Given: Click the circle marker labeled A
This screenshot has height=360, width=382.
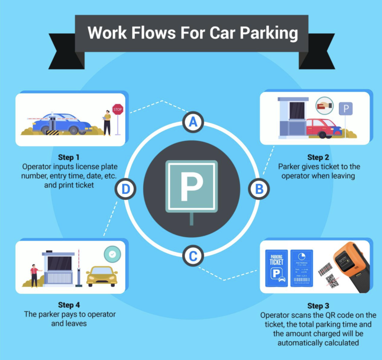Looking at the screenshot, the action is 193,122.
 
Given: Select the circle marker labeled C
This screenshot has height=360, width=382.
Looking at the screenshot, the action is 193,256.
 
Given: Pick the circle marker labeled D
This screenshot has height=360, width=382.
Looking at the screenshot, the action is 126,189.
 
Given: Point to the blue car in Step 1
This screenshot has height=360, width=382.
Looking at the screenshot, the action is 63,123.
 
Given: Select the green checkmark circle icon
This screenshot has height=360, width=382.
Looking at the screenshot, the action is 112,254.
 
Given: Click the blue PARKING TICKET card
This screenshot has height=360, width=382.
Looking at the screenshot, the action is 276,268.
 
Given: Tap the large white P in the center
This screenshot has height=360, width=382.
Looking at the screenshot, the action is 191,186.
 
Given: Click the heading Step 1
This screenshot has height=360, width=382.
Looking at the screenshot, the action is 69,157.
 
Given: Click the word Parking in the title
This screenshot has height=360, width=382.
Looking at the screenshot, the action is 269,33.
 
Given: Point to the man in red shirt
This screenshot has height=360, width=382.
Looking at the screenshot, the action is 34,275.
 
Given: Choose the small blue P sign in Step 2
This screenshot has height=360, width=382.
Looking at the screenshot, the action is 345,109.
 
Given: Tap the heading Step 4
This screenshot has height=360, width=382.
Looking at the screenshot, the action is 69,305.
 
